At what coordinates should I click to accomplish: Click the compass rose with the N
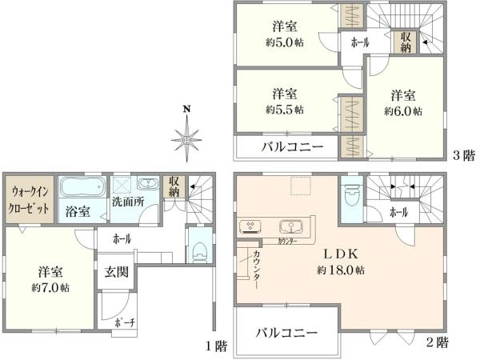click(x=186, y=136)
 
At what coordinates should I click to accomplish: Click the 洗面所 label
click(x=127, y=202)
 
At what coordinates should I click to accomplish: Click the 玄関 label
click(x=112, y=272)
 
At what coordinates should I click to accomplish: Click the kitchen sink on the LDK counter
click(x=290, y=225)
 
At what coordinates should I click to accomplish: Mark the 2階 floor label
click(x=437, y=342)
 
